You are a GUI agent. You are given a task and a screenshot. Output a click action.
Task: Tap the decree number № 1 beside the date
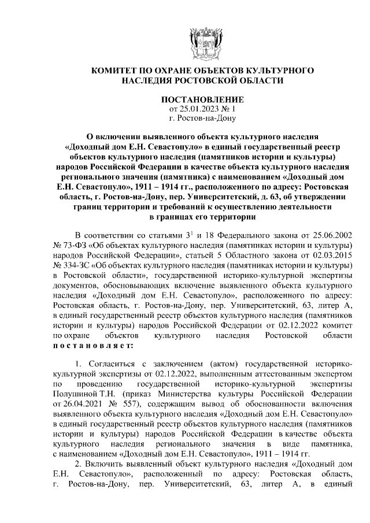(231, 109)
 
